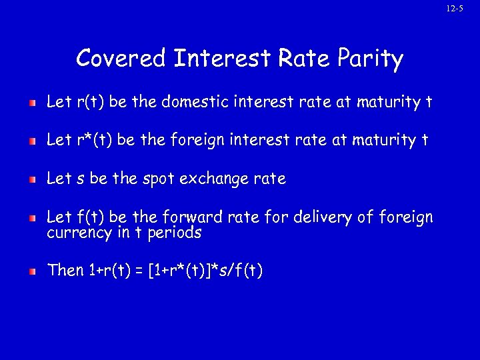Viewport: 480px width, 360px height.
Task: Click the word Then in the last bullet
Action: [x=65, y=271]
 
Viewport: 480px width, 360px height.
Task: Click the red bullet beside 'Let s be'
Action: [x=32, y=180]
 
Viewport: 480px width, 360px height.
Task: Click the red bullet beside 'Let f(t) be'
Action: [x=32, y=219]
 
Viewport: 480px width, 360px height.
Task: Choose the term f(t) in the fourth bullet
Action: [x=79, y=217]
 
